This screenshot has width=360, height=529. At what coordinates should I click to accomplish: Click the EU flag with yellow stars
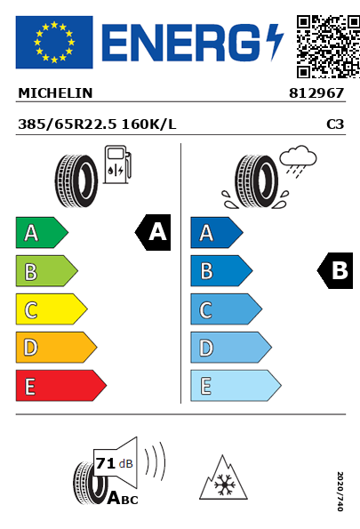tap(54, 42)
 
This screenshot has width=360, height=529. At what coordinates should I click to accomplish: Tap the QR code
tap(328, 46)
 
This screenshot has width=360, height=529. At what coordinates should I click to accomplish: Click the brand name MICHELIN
tap(55, 93)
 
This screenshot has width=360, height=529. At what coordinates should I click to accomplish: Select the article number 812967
tap(316, 93)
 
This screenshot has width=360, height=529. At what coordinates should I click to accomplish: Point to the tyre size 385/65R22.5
tap(68, 124)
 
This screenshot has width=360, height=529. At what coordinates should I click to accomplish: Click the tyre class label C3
tap(335, 124)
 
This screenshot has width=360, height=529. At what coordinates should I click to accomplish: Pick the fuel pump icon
tap(117, 164)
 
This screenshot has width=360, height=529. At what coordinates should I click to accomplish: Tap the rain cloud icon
tap(298, 161)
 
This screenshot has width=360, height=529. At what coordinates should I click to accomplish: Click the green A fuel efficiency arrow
tap(42, 232)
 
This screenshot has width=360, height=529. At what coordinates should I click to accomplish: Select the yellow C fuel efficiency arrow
tap(52, 309)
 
